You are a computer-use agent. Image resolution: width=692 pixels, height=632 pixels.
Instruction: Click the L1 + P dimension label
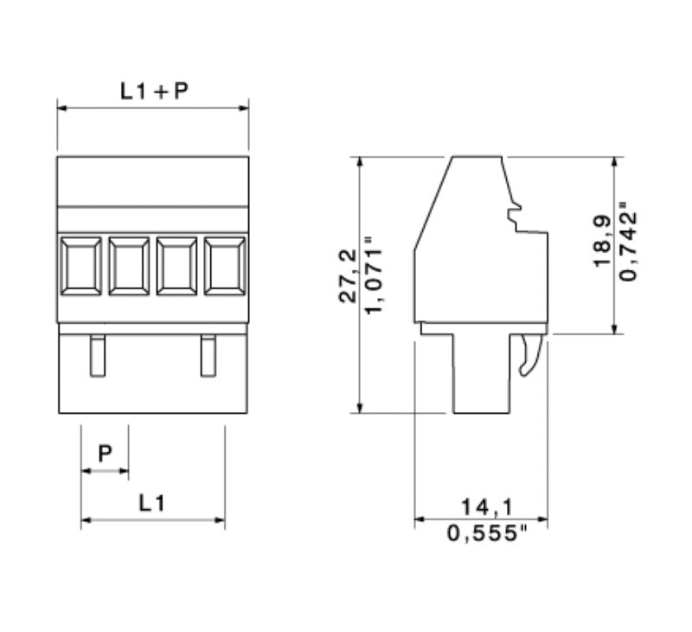[153, 91]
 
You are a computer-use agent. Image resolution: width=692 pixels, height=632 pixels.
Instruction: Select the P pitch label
[105, 454]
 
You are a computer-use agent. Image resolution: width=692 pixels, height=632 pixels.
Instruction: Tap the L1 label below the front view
[152, 503]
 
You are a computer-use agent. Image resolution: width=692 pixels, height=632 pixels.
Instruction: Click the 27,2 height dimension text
[347, 275]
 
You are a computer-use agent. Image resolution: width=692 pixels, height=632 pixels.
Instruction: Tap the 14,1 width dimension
[482, 505]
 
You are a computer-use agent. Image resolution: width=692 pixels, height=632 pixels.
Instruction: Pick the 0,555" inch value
[482, 532]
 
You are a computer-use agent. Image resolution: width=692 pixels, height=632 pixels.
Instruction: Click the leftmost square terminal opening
[81, 266]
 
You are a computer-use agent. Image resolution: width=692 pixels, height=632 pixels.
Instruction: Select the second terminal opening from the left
[129, 266]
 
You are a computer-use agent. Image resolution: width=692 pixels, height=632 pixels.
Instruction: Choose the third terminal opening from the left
[177, 266]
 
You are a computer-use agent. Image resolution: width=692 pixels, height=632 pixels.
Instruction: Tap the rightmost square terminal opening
[225, 266]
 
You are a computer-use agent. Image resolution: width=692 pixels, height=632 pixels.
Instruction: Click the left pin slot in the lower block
[97, 355]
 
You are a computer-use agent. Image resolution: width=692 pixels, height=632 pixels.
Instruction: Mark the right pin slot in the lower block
[208, 355]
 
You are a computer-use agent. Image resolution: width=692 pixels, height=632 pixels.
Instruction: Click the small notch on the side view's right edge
[516, 213]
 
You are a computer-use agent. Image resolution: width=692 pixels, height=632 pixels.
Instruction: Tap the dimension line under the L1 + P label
[153, 109]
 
